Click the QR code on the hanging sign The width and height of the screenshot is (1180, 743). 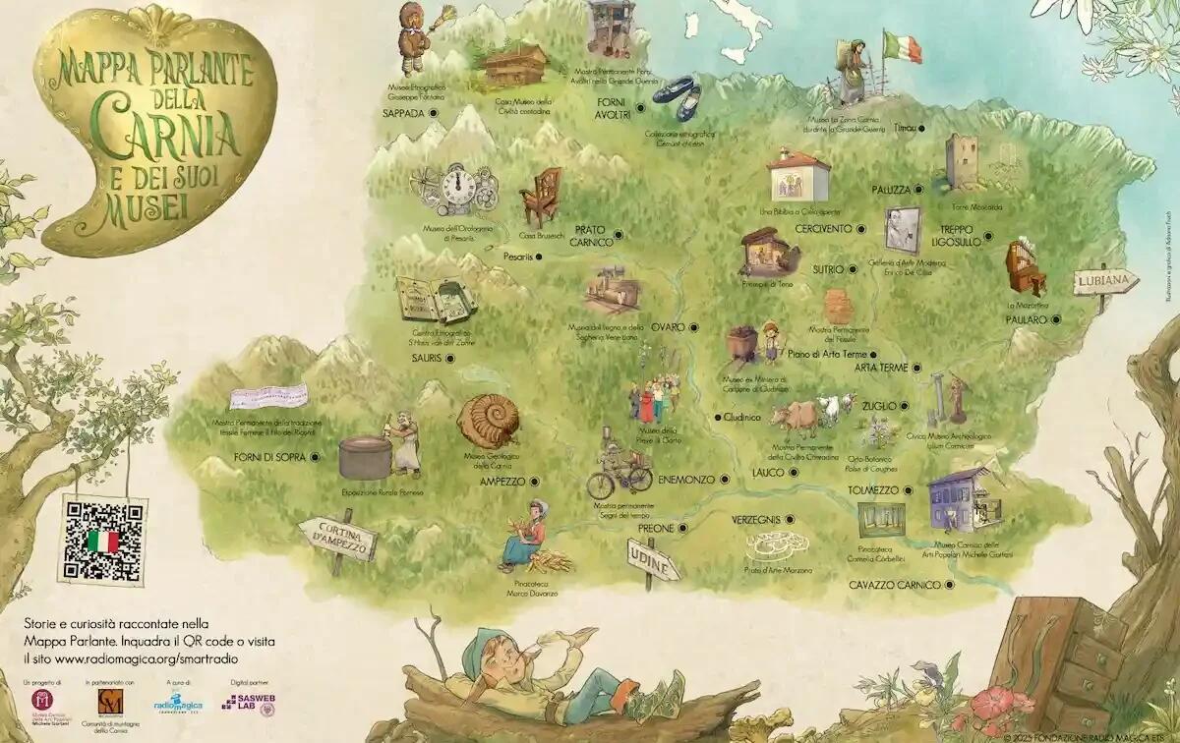(x=102, y=541)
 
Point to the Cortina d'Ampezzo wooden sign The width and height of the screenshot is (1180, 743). (x=337, y=540)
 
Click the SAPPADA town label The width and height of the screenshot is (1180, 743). (x=403, y=113)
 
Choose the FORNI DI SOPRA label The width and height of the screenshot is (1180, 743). (x=277, y=456)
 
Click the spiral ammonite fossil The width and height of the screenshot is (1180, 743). (x=490, y=421)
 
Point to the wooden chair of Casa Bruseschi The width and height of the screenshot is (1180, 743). (x=540, y=197)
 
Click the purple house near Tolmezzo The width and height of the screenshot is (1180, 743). (x=958, y=497)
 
